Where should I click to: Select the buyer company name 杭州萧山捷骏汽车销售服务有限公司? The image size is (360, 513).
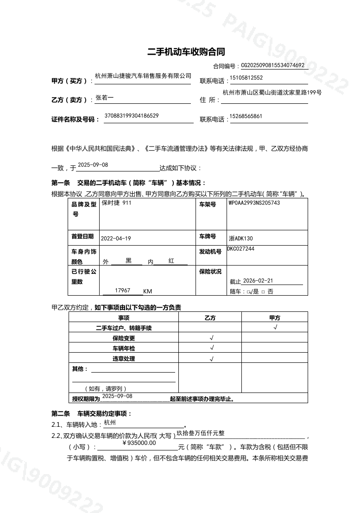143,76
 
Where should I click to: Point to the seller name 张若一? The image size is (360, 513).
104,98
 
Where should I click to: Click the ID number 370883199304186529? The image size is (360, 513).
132,115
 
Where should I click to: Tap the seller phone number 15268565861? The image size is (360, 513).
246,116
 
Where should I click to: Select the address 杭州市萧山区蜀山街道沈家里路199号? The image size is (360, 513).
272,93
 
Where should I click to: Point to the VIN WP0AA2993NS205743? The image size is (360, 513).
254,203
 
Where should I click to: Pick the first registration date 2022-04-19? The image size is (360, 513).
116,238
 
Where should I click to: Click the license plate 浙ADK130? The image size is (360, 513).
241,239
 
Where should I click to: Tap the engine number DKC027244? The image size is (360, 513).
240,249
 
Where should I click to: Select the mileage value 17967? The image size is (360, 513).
122,290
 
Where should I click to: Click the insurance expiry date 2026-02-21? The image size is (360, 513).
258,281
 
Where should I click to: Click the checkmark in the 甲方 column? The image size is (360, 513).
275,328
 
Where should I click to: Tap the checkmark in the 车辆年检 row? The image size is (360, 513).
212,348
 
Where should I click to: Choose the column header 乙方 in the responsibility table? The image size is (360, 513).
210,318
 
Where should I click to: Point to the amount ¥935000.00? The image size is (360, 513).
139,443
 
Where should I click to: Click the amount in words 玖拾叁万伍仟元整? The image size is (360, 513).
201,433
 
